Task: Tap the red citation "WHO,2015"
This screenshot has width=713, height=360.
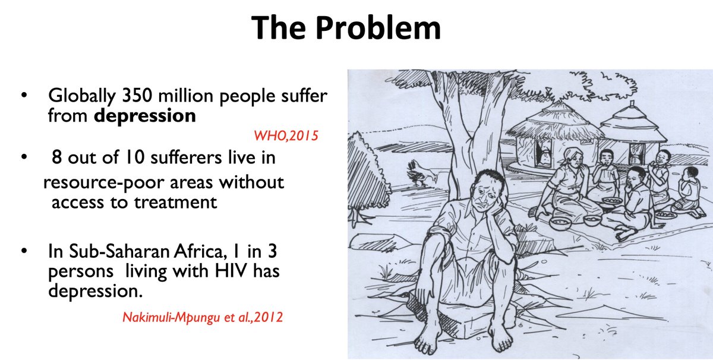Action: [x=286, y=137]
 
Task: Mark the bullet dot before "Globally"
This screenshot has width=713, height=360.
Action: [x=23, y=96]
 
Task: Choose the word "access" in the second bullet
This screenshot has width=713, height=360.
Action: [x=75, y=202]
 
